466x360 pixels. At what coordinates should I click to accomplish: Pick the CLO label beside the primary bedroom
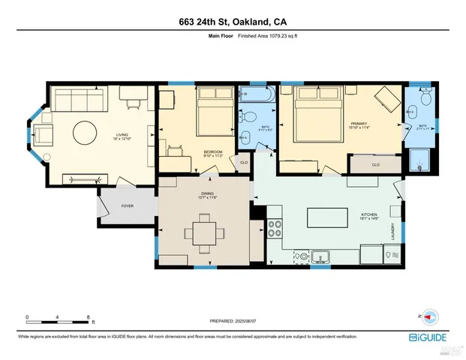(375, 165)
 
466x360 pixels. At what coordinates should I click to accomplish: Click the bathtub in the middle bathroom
(253, 94)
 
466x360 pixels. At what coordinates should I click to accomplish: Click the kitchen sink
(320, 256)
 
